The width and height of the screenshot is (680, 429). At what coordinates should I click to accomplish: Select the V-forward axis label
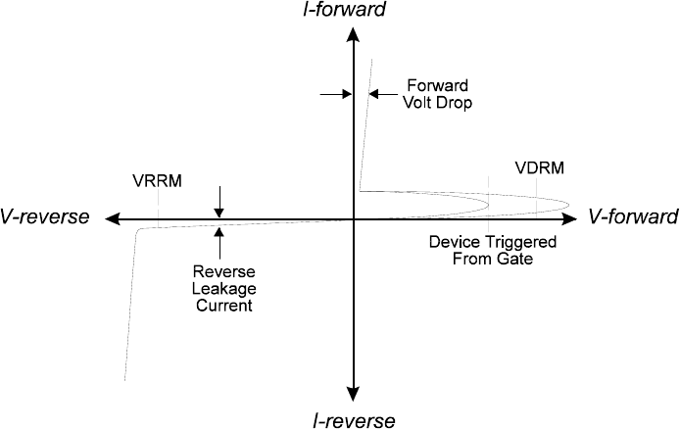(634, 216)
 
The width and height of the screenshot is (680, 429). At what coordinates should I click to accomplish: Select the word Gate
(514, 259)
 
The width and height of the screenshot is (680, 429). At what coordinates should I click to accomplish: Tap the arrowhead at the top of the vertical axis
(353, 35)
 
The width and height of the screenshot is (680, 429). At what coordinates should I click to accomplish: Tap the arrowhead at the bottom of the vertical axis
(353, 396)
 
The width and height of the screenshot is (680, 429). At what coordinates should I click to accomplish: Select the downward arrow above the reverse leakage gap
(219, 210)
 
